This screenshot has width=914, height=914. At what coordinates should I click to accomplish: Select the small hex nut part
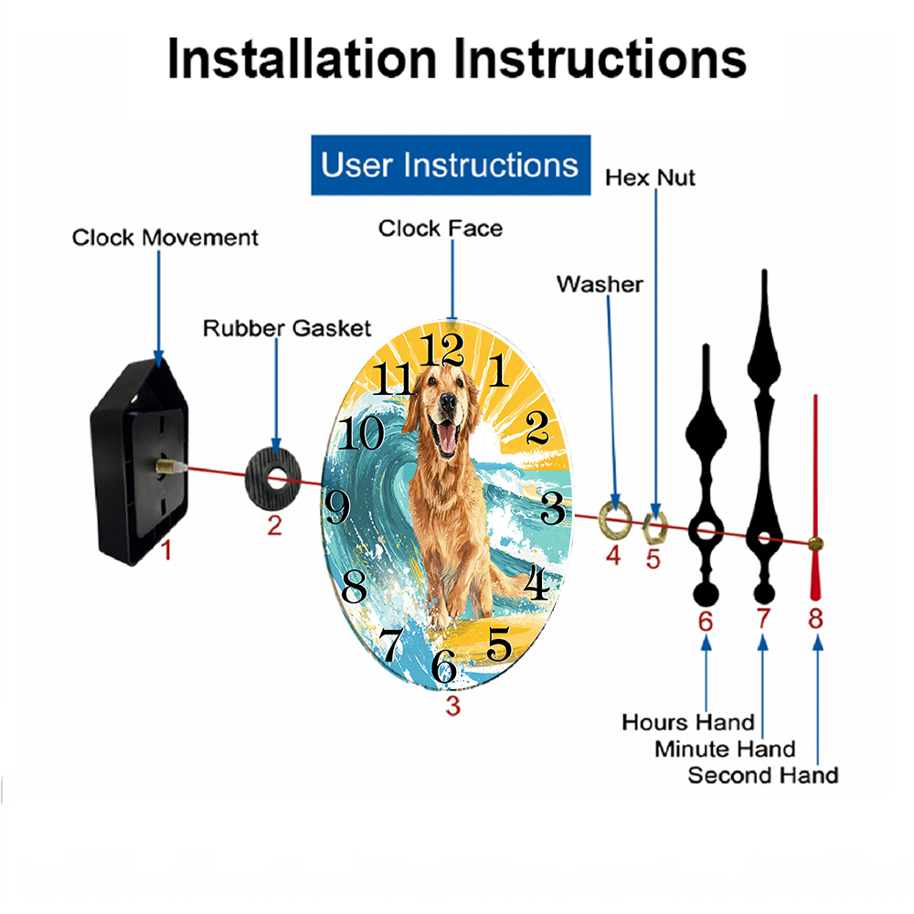pyautogui.click(x=646, y=527)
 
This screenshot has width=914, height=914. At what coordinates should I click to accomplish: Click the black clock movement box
pyautogui.click(x=139, y=461)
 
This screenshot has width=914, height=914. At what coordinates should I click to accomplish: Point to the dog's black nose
pyautogui.click(x=448, y=401)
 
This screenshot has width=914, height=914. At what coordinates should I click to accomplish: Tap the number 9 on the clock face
pyautogui.click(x=337, y=506)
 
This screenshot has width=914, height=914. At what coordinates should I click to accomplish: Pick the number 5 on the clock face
pyautogui.click(x=499, y=643)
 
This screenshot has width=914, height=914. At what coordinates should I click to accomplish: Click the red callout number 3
pyautogui.click(x=453, y=706)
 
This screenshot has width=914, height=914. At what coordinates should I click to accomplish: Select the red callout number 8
pyautogui.click(x=815, y=619)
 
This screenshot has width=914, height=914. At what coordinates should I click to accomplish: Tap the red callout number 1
pyautogui.click(x=166, y=550)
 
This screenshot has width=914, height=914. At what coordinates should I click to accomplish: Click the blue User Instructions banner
pyautogui.click(x=451, y=165)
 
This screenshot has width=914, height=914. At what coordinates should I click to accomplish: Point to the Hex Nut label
pyautogui.click(x=650, y=178)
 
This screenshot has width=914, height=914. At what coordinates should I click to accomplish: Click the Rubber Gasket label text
pyautogui.click(x=287, y=328)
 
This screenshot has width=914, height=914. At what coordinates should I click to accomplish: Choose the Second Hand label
pyautogui.click(x=763, y=775)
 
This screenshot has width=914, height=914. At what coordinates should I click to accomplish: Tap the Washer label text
pyautogui.click(x=600, y=284)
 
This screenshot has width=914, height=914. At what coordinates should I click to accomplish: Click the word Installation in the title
pyautogui.click(x=302, y=58)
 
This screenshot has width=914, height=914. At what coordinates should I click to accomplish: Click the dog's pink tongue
pyautogui.click(x=446, y=437)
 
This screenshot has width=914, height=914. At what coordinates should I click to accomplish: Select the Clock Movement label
pyautogui.click(x=165, y=238)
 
